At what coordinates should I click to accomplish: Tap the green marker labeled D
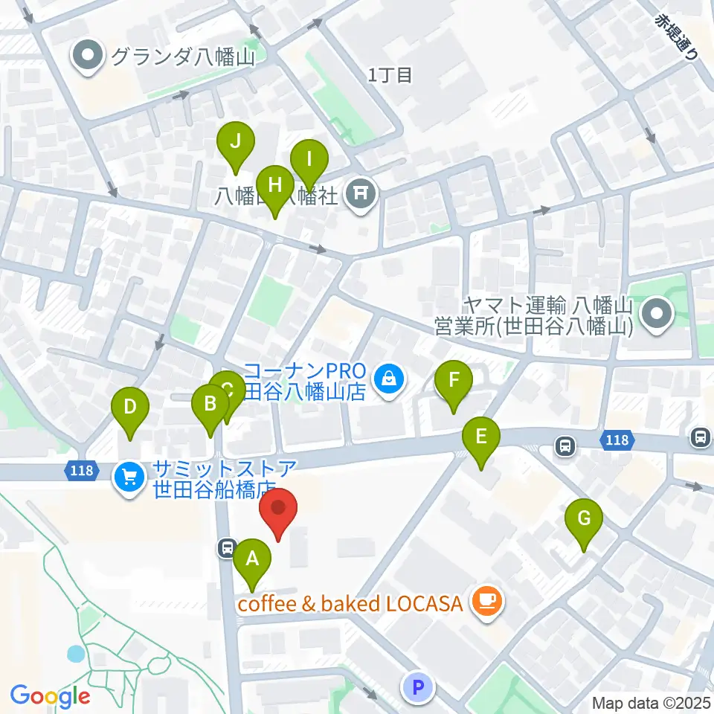coord(130,407)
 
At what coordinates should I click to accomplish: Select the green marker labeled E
coord(481,437)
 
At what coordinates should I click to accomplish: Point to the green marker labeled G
coord(584,518)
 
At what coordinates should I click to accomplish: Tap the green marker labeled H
coord(274,184)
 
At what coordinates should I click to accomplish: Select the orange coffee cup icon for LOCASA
coord(487,599)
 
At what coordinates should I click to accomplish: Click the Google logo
coord(51,696)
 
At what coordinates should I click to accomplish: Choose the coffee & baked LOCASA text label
coord(350,602)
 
